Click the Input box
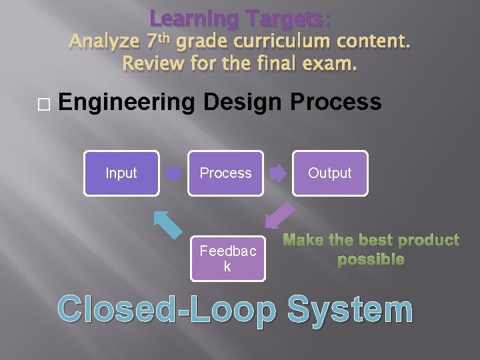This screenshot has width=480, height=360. (121, 173)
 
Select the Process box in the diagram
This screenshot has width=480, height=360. (225, 173)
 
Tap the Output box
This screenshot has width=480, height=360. (329, 173)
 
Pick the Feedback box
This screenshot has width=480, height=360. (227, 259)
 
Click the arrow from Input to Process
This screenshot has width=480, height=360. (173, 174)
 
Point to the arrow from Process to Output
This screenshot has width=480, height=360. (277, 174)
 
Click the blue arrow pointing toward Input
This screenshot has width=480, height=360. (167, 225)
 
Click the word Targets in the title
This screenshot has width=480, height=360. (287, 18)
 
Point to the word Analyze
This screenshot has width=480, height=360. (103, 42)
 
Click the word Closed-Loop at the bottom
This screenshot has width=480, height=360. (167, 311)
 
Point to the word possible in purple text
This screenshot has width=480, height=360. (371, 259)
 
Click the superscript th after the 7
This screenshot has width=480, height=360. (165, 37)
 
